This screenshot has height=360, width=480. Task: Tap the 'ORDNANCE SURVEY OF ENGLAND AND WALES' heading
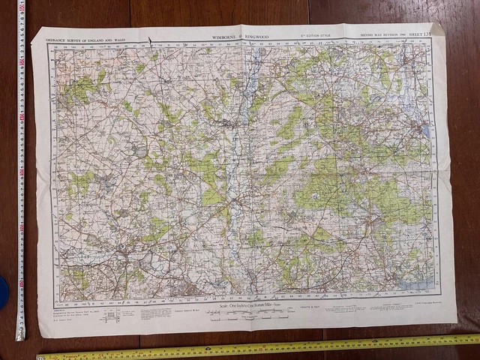coord(85,37)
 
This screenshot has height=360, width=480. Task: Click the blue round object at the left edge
coord(3,293)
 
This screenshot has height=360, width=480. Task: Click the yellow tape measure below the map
coord(262,349)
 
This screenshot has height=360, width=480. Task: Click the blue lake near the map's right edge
coord(426,130)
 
